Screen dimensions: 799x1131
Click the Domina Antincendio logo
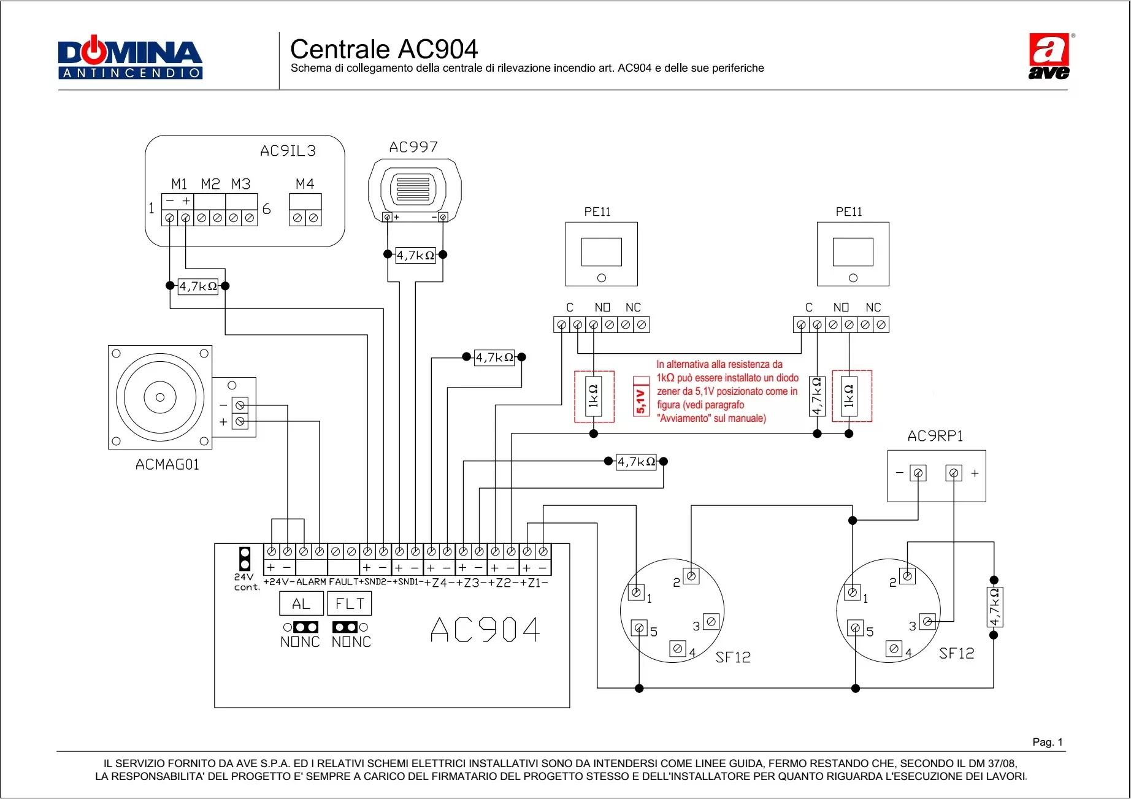coord(130,58)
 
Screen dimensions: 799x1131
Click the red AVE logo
coord(1049,56)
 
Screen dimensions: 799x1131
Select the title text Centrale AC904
coord(383,49)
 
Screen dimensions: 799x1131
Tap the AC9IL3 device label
coord(288,151)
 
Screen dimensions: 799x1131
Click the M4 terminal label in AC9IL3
coord(305,184)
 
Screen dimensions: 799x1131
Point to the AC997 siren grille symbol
coord(413,189)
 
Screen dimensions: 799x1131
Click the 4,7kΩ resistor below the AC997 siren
coord(415,255)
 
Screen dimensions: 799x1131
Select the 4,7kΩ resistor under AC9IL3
coord(197,286)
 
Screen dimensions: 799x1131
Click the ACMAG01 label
coord(167,465)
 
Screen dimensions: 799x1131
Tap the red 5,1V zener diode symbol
coord(641,397)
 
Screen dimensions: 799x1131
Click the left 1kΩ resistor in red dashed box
coord(593,396)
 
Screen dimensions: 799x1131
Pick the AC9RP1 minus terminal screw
coord(918,473)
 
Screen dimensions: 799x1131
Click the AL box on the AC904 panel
coord(301,604)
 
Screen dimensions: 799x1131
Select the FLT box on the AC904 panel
coord(350,604)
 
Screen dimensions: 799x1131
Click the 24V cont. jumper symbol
coord(245,558)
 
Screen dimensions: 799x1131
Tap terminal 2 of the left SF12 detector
coord(691,576)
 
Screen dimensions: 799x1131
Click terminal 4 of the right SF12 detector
coord(894,649)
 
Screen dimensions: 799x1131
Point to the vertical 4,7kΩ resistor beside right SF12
coord(994,607)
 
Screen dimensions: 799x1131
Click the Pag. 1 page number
coord(1047,742)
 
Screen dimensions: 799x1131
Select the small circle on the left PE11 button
coord(602,278)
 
